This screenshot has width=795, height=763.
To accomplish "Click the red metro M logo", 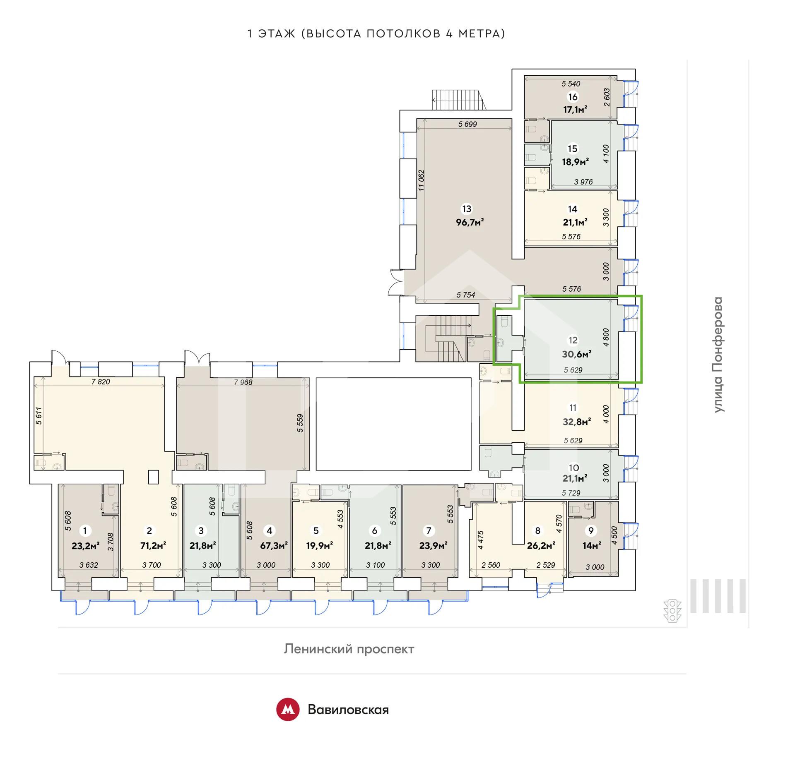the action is [x=288, y=710].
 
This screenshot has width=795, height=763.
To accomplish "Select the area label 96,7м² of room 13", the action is [x=470, y=222].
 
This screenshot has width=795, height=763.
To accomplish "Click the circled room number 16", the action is [x=573, y=97].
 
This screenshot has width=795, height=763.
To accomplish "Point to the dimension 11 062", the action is [x=422, y=180].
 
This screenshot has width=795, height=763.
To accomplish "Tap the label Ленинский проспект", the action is [x=349, y=649].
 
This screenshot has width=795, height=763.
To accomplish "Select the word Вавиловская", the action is [x=348, y=710].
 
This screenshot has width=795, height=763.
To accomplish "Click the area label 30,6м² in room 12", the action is [x=576, y=354].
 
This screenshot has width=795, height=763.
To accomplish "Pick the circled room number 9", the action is [x=591, y=530].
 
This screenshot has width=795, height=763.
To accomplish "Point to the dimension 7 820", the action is [x=101, y=381].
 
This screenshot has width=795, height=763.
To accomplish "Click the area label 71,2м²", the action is [x=153, y=546].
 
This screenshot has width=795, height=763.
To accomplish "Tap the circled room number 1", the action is [x=85, y=530].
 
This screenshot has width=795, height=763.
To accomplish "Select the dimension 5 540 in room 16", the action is [x=571, y=84].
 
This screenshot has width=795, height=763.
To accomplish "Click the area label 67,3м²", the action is [x=274, y=546].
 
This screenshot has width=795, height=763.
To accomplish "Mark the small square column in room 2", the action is [x=153, y=477].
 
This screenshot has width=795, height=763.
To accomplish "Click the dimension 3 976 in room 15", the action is [x=583, y=182].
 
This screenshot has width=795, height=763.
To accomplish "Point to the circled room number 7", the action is [x=429, y=530].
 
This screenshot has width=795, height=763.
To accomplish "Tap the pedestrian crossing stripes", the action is [x=718, y=596].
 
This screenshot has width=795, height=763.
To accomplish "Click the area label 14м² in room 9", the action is [x=592, y=546].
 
